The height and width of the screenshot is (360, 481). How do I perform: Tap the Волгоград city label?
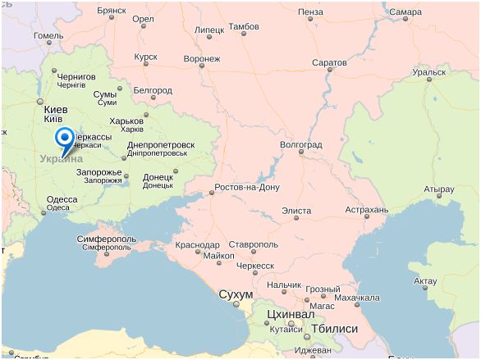pyautogui.click(x=301, y=144)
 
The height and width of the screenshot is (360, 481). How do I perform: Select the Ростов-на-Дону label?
pyautogui.click(x=247, y=188)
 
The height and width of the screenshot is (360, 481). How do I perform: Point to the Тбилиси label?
pyautogui.click(x=333, y=328)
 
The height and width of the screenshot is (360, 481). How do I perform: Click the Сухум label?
pyautogui.click(x=236, y=294)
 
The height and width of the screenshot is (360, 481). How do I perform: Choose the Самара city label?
pyautogui.click(x=405, y=12)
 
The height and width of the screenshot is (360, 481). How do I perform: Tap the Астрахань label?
pyautogui.click(x=366, y=210)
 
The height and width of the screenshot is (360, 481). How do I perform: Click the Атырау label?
pyautogui.click(x=438, y=189)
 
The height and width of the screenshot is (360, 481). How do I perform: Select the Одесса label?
pyautogui.click(x=62, y=199)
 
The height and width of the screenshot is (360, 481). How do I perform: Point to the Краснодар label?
pyautogui.click(x=197, y=244)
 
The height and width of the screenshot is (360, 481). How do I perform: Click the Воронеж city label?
pyautogui.click(x=202, y=59)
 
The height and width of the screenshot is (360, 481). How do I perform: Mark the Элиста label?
pyautogui.click(x=296, y=211)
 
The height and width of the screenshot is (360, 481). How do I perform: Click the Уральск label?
pyautogui.click(x=428, y=72)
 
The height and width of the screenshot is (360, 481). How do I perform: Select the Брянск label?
pyautogui.click(x=111, y=12)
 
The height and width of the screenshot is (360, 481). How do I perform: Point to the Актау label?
pyautogui.click(x=425, y=281)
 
